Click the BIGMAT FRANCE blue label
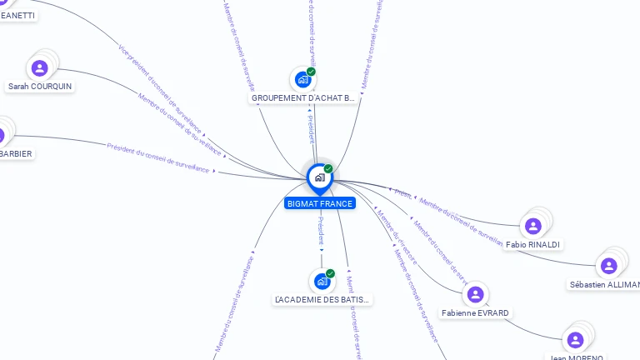coord(320,203)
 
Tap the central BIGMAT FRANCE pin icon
coord(319,177)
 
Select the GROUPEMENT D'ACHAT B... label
coord(303,98)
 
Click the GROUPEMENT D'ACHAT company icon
coord(302,80)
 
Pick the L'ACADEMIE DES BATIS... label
coord(322,299)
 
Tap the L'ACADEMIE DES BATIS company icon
coord(322,282)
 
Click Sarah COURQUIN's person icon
coord(39,68)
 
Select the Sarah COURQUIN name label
coord(40,86)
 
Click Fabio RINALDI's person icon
coord(533,226)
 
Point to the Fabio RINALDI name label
coord(533,244)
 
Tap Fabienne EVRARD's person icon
coord(475,294)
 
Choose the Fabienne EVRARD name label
coord(476,313)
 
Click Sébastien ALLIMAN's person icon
coord(609,266)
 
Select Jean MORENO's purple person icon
coord(575,340)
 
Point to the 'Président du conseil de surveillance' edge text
coord(157,157)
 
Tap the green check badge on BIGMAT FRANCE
coord(328,169)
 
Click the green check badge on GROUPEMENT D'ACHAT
coord(311,72)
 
